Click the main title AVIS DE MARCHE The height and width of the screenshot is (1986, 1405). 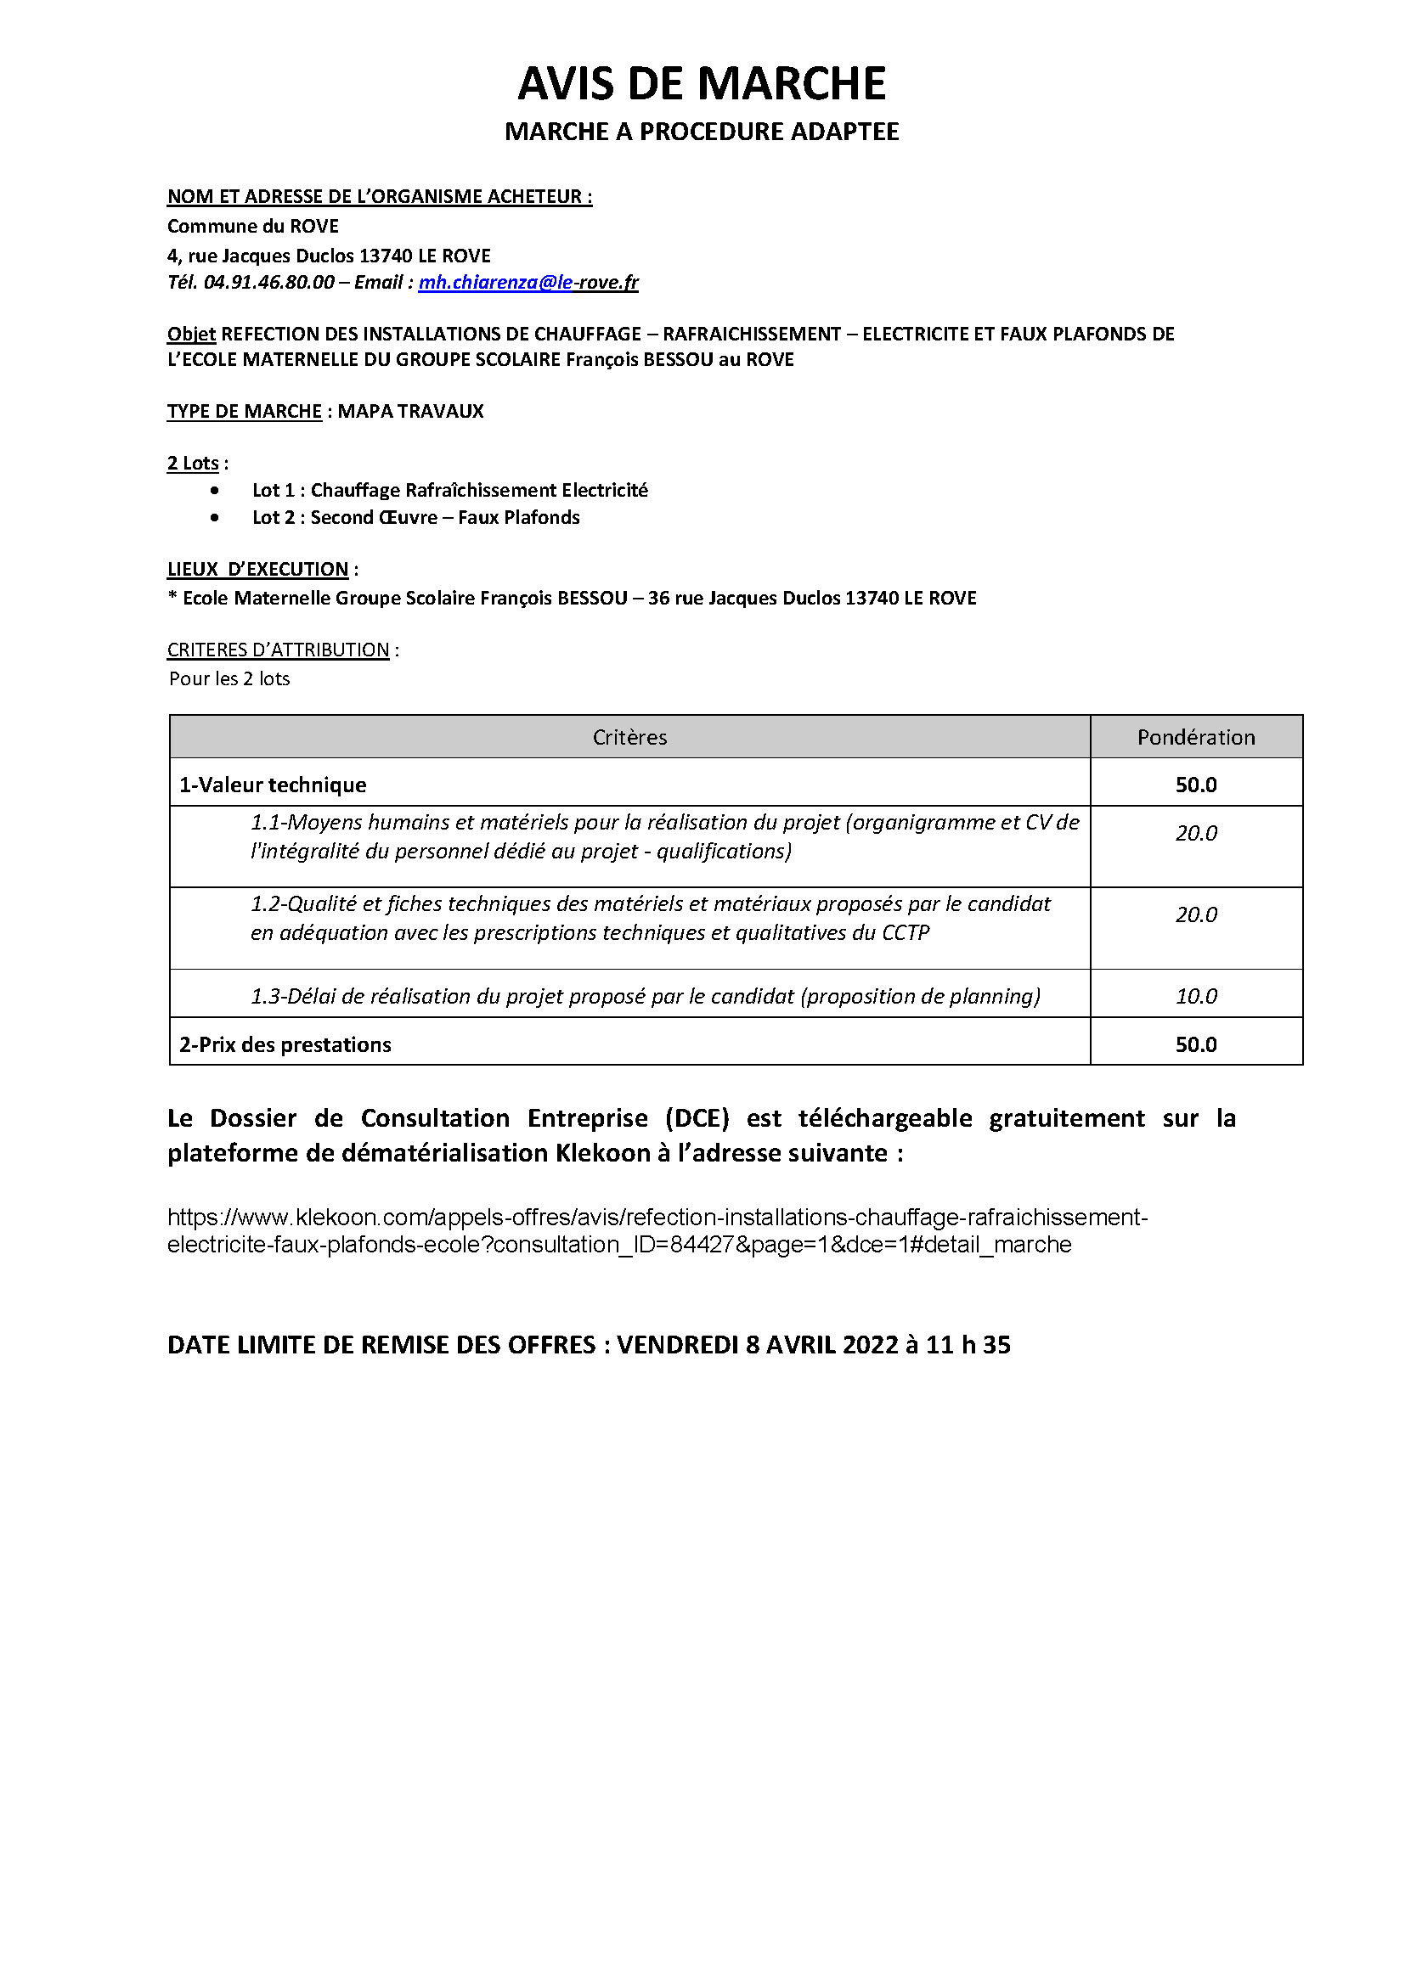[x=702, y=84]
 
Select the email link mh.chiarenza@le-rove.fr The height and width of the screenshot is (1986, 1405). [x=528, y=282]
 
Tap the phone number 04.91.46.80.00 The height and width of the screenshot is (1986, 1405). [x=268, y=282]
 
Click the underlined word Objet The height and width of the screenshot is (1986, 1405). [x=191, y=334]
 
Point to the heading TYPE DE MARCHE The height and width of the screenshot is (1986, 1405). [x=244, y=411]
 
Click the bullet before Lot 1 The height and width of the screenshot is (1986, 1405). [x=215, y=491]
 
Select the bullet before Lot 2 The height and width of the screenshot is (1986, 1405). [x=215, y=518]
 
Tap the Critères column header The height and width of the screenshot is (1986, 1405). [x=629, y=737]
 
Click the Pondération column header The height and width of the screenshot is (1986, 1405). [x=1196, y=737]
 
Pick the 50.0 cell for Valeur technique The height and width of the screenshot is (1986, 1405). [x=1196, y=785]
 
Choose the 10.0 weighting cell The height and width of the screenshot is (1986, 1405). [x=1196, y=996]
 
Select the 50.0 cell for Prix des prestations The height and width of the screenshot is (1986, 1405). [x=1196, y=1044]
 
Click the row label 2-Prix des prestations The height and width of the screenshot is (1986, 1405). [x=285, y=1044]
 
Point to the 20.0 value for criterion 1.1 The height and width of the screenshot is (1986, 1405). [x=1196, y=833]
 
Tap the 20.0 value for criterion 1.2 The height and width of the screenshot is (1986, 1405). [x=1196, y=914]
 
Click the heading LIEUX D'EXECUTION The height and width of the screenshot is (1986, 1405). [x=258, y=569]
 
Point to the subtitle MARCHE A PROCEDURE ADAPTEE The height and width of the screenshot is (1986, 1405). [x=702, y=132]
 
